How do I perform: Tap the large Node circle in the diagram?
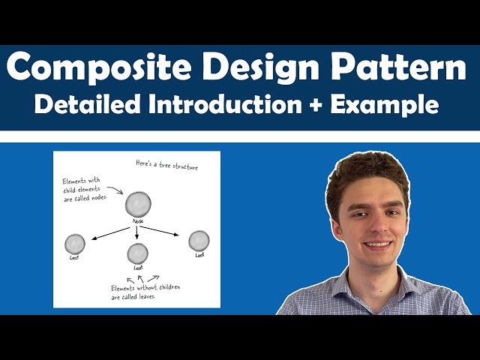138,205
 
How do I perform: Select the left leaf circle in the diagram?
75,244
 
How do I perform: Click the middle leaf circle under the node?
137,253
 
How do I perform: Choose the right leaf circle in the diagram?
199,241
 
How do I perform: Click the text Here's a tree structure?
166,164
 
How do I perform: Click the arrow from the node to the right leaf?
161,228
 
